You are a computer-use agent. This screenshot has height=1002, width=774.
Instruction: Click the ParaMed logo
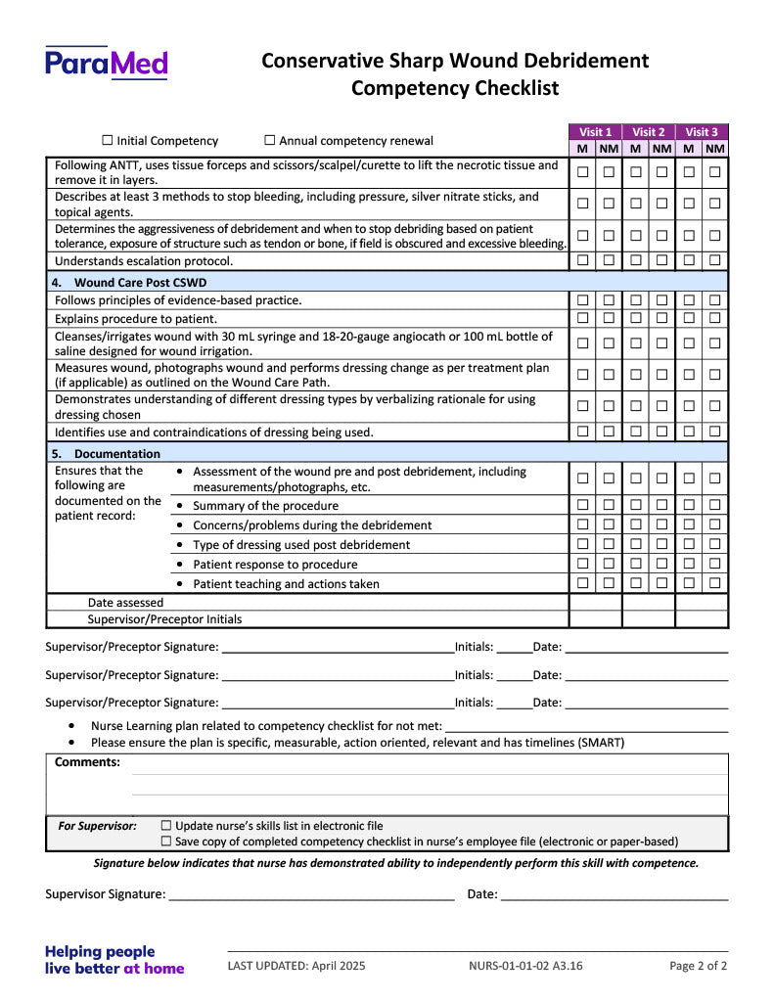(107, 64)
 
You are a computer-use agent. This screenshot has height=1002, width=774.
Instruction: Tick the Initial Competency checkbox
(108, 141)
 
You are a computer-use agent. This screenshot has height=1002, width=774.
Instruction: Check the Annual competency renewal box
(270, 141)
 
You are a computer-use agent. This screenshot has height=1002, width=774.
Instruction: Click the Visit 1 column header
(595, 132)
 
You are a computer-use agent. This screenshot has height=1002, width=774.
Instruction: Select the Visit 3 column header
(701, 132)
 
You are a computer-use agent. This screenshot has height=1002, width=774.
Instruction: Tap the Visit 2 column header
(648, 132)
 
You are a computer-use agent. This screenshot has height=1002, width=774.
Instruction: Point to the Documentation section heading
(116, 454)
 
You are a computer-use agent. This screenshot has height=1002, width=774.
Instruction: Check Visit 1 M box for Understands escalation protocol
(582, 260)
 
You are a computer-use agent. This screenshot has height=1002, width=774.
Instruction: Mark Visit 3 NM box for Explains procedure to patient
(715, 318)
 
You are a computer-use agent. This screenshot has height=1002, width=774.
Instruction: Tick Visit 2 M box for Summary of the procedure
(635, 505)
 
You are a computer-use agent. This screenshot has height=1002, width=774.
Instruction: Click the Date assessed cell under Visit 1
(595, 603)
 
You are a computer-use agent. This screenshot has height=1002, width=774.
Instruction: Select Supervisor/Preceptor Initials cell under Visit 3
(701, 619)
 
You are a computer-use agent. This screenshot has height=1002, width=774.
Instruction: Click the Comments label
(87, 762)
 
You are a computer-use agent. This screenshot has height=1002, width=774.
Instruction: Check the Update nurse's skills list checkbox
(165, 826)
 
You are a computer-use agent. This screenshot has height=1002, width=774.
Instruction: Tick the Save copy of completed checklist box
(165, 842)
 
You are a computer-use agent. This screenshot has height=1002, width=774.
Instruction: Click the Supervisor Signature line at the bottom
(311, 894)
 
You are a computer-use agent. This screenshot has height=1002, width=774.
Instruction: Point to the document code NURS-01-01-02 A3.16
(525, 966)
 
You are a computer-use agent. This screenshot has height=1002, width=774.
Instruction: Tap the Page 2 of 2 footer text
(698, 966)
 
